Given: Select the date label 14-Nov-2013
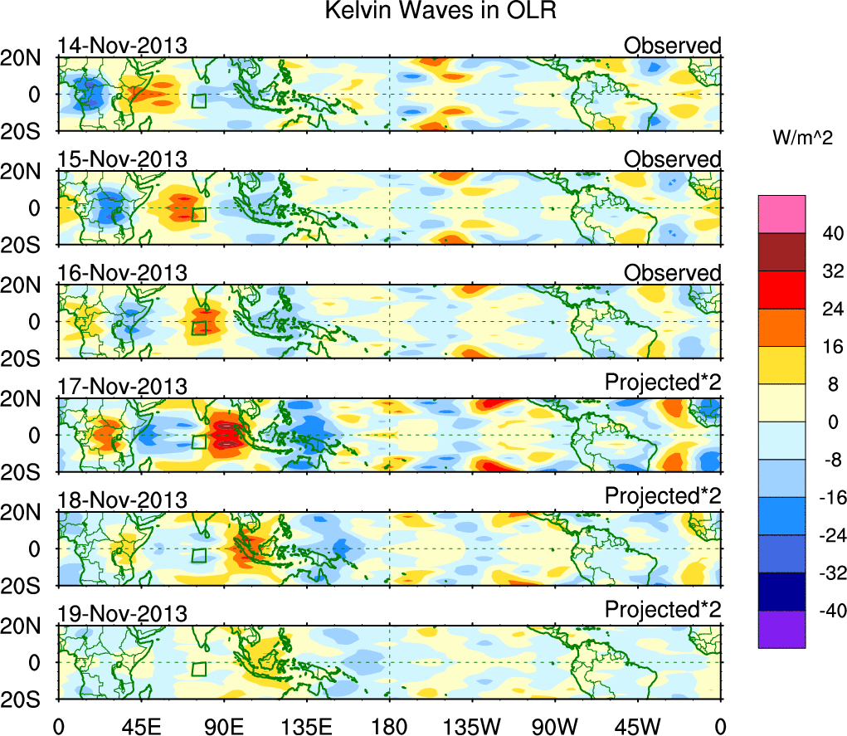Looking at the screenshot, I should click(x=123, y=46).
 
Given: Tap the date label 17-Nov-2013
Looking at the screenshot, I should click(x=123, y=387).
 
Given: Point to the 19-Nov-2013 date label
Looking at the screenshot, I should click(x=123, y=613).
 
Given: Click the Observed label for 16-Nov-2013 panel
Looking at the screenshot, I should click(x=672, y=273).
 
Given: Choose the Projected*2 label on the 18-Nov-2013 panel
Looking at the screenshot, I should click(x=663, y=496).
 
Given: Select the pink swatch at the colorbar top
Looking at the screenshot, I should click(x=781, y=214).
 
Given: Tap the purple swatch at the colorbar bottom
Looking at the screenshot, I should click(x=781, y=629).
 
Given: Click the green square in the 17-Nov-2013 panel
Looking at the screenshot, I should click(x=198, y=441).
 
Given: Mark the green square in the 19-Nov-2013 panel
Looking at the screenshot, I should click(x=198, y=669).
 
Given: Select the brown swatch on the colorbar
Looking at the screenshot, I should click(x=781, y=251).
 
